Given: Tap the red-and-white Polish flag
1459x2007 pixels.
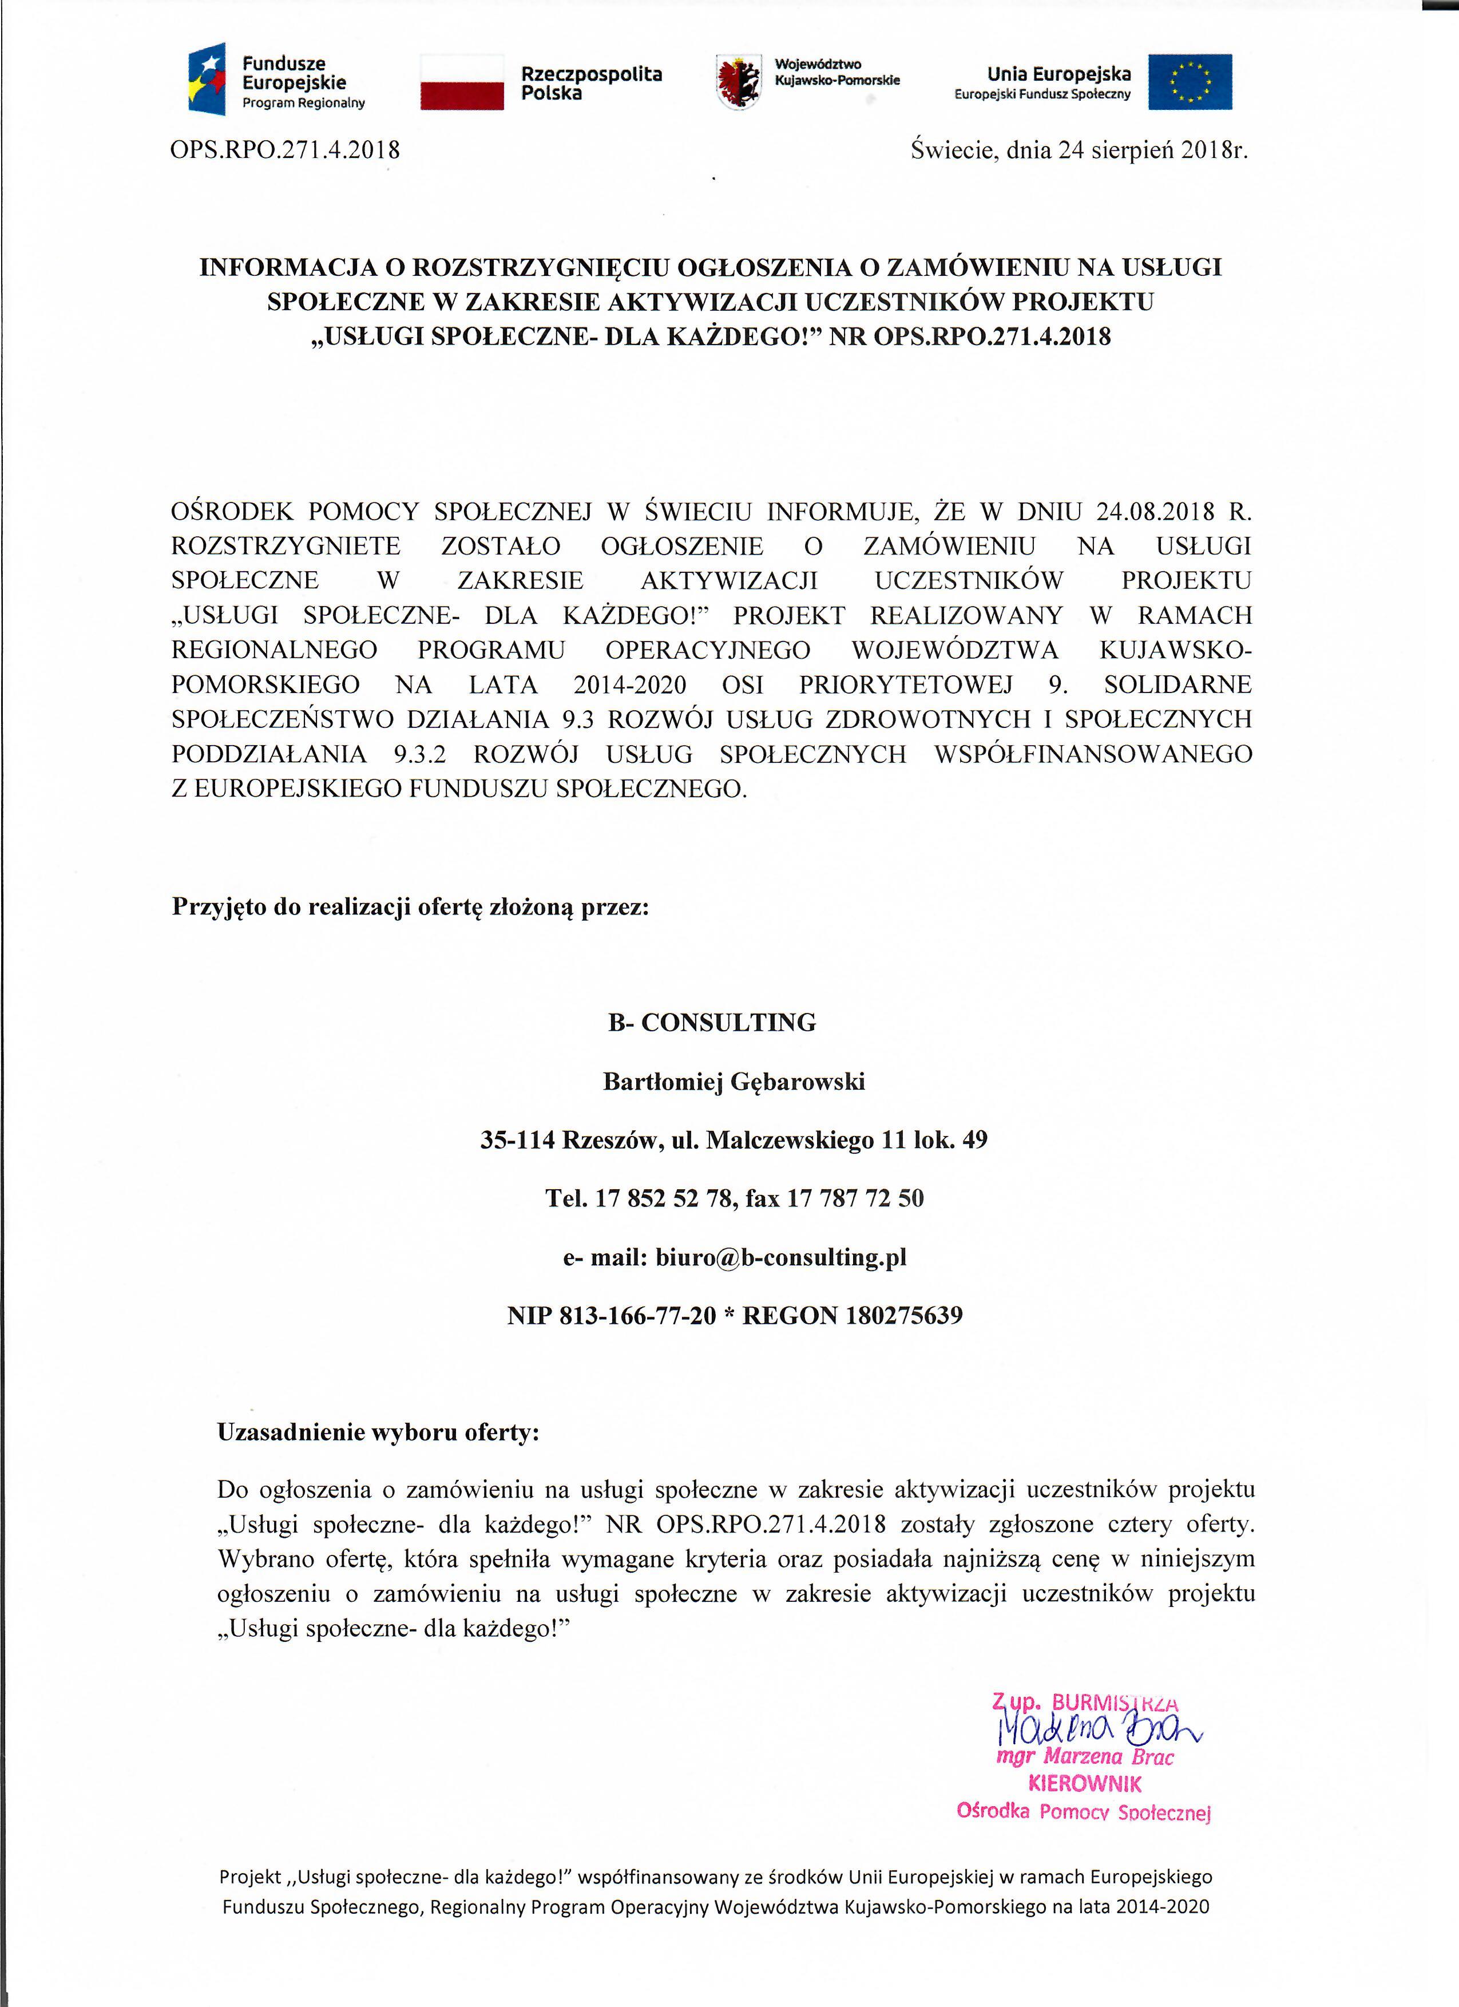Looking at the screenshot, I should [461, 81].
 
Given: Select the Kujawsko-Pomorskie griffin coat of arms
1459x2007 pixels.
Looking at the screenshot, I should [740, 81].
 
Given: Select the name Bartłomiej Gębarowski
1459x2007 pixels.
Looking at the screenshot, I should [734, 1082].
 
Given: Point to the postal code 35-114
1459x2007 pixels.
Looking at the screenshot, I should [517, 1140].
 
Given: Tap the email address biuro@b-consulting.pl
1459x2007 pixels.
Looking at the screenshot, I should [780, 1257].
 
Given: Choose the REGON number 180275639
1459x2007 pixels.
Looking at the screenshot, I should [903, 1316].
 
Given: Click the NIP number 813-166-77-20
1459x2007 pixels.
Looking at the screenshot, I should [637, 1316].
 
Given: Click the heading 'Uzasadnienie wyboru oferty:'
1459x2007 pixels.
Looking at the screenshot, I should [378, 1432].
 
